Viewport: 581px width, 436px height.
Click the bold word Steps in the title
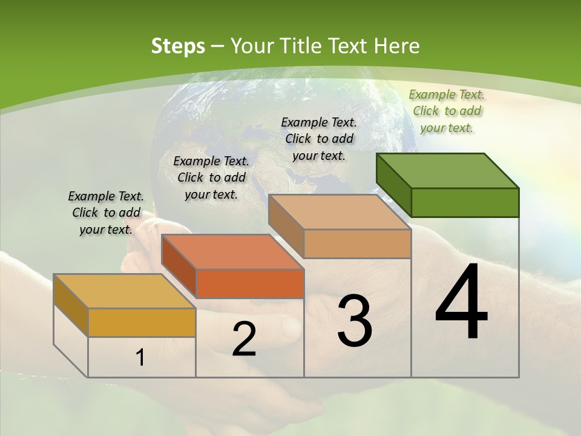click(178, 46)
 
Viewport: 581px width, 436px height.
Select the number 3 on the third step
click(355, 321)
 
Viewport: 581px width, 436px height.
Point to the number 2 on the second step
click(244, 339)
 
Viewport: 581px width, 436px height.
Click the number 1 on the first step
click(140, 358)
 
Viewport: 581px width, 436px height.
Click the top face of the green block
click(448, 171)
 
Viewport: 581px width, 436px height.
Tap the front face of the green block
click(465, 202)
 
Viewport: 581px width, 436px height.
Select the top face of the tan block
click(340, 212)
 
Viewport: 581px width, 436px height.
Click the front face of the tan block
click(357, 243)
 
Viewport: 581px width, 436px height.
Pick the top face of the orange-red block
click(232, 252)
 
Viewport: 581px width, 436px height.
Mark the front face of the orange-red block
click(250, 283)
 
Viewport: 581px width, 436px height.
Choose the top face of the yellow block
click(125, 291)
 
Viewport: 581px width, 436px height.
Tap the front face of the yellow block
click(142, 322)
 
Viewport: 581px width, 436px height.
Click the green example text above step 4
click(447, 111)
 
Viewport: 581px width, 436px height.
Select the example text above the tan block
click(319, 139)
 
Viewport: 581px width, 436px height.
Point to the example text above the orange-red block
click(211, 177)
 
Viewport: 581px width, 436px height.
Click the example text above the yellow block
click(106, 213)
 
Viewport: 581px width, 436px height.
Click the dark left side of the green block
click(394, 184)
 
